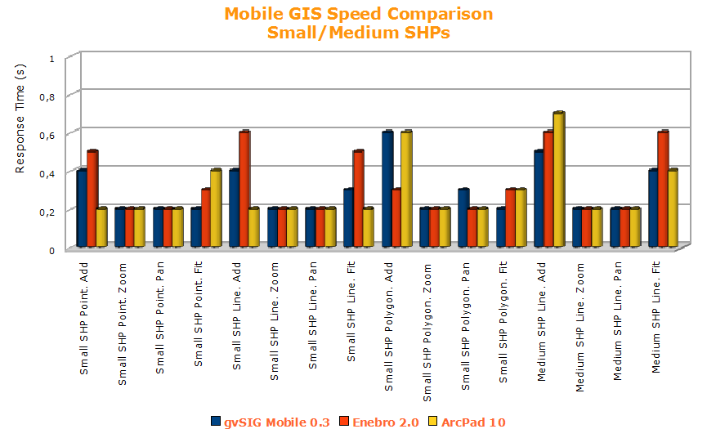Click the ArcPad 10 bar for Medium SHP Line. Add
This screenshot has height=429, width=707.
tap(559, 180)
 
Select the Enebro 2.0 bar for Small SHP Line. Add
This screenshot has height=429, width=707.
tap(244, 189)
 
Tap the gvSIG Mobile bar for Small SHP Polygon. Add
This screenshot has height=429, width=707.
tap(387, 189)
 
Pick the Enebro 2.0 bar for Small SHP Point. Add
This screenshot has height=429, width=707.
tap(92, 199)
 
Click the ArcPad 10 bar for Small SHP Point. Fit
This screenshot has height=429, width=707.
tap(216, 208)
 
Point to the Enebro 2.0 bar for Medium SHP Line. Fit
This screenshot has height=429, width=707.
tap(664, 189)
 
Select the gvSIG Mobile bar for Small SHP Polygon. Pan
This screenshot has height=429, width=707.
tap(463, 218)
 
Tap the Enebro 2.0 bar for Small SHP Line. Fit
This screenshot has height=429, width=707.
tap(358, 199)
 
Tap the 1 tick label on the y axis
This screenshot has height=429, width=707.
tap(52, 59)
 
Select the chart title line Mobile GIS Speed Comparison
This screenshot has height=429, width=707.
tap(359, 14)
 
